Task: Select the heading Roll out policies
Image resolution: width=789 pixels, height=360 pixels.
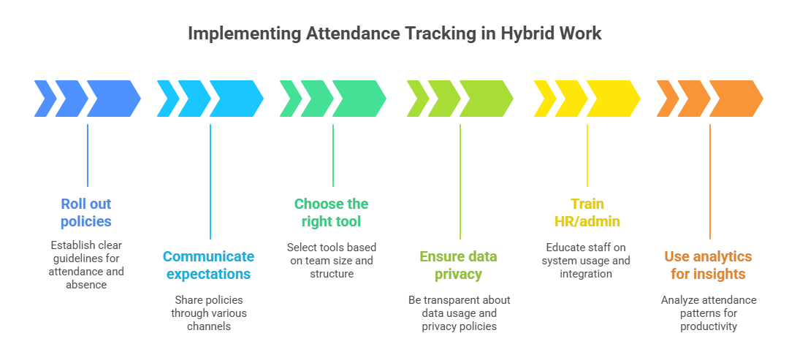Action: point(86,212)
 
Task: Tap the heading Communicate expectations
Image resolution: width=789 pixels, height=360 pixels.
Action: point(209,266)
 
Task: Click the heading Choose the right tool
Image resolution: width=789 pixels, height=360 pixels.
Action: point(331,212)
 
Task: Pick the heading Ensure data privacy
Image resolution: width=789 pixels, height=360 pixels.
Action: point(458,266)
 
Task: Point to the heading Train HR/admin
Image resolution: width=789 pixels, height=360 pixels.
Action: point(587,212)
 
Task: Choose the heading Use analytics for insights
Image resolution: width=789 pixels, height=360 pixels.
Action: point(708,266)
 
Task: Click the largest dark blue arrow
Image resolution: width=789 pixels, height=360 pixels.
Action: point(114,99)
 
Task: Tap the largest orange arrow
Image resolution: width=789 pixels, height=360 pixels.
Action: point(736,99)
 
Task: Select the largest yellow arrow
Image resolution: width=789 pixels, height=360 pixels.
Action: point(614,99)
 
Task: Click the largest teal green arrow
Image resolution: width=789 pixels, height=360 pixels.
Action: point(359,99)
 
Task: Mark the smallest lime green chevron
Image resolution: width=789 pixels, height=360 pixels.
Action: point(418,99)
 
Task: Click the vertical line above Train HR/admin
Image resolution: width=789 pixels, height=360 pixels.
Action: point(587,156)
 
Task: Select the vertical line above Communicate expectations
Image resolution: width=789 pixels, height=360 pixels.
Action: point(210,182)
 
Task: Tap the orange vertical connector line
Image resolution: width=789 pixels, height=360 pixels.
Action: point(710,182)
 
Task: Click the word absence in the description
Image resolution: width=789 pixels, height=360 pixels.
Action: point(86,285)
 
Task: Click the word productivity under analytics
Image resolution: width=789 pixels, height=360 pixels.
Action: point(709,326)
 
